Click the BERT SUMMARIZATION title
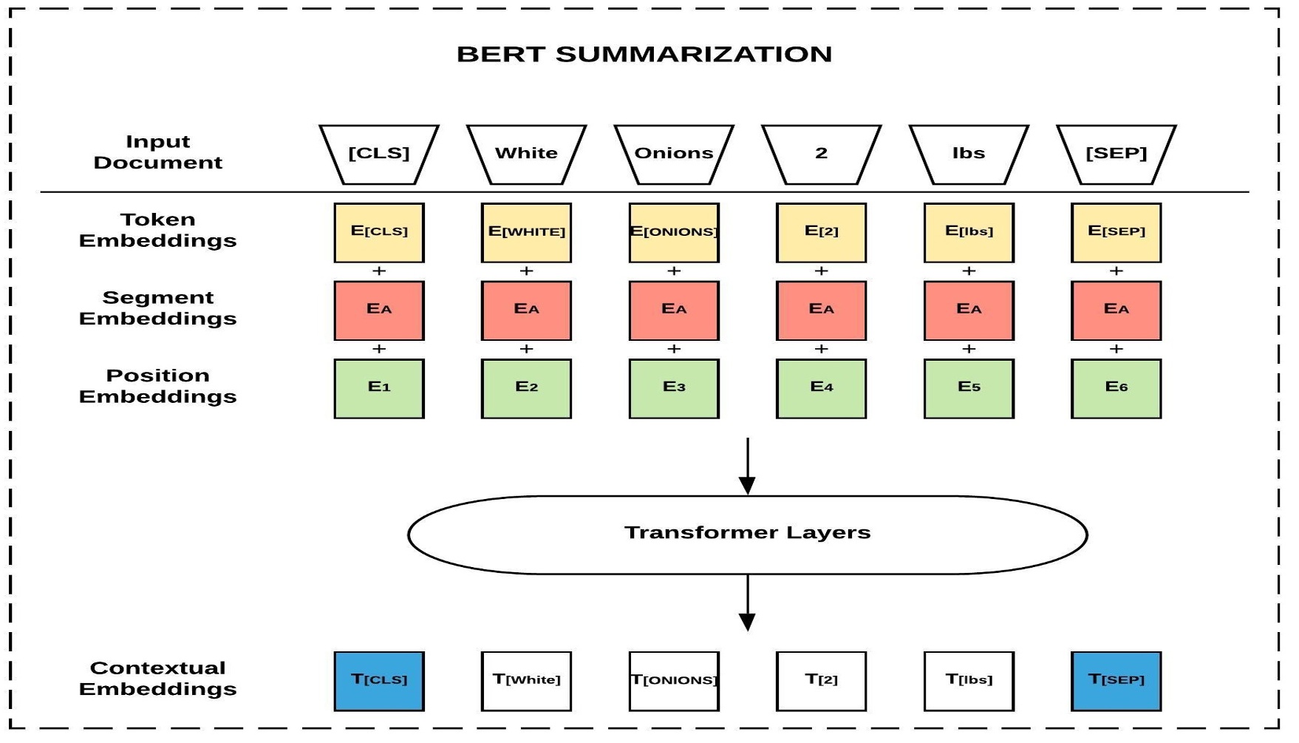point(644,55)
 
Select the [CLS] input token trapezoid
point(379,154)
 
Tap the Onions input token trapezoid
point(674,154)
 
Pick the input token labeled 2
point(821,154)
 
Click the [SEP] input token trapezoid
point(1116,154)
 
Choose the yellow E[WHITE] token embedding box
point(526,232)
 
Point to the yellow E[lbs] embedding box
point(969,232)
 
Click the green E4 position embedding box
point(821,388)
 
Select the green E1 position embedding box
point(379,388)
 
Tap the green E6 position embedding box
point(1116,388)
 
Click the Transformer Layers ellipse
point(747,534)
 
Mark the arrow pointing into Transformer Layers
point(747,466)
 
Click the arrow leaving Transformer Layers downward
point(747,603)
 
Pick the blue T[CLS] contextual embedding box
point(379,680)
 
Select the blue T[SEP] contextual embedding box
point(1116,680)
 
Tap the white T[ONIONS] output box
point(674,680)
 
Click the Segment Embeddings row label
point(157,308)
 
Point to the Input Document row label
point(157,152)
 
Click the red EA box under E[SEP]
point(1116,310)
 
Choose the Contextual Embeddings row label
point(157,679)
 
